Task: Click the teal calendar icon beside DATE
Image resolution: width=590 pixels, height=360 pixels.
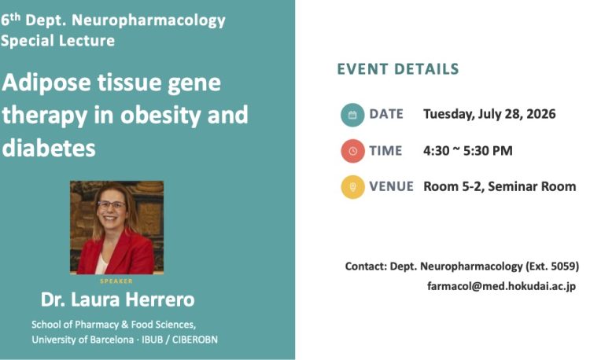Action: click(352, 115)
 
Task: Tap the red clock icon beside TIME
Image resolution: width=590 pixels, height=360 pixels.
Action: click(352, 151)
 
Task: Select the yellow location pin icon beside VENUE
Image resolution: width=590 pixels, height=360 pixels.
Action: click(352, 187)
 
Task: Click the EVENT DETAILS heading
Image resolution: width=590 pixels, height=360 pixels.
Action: click(398, 69)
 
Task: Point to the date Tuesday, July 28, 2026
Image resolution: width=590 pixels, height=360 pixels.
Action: click(489, 114)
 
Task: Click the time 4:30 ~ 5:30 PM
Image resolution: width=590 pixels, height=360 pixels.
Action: click(468, 151)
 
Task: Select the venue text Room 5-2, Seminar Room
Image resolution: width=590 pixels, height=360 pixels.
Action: click(500, 186)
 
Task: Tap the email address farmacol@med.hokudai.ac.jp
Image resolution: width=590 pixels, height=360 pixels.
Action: click(501, 286)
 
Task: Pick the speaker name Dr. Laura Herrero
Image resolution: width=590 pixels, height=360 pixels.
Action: click(117, 299)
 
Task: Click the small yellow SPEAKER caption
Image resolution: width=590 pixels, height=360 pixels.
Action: click(116, 281)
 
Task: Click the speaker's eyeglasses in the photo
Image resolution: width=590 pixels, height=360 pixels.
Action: click(112, 205)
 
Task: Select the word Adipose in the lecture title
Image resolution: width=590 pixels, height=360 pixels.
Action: click(46, 83)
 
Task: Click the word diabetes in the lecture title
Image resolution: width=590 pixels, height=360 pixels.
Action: click(49, 148)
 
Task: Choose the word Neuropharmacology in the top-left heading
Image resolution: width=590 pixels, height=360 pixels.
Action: click(148, 21)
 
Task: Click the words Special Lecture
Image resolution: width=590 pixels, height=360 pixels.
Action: click(57, 41)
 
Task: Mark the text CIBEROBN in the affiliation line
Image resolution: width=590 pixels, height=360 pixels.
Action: click(195, 340)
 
